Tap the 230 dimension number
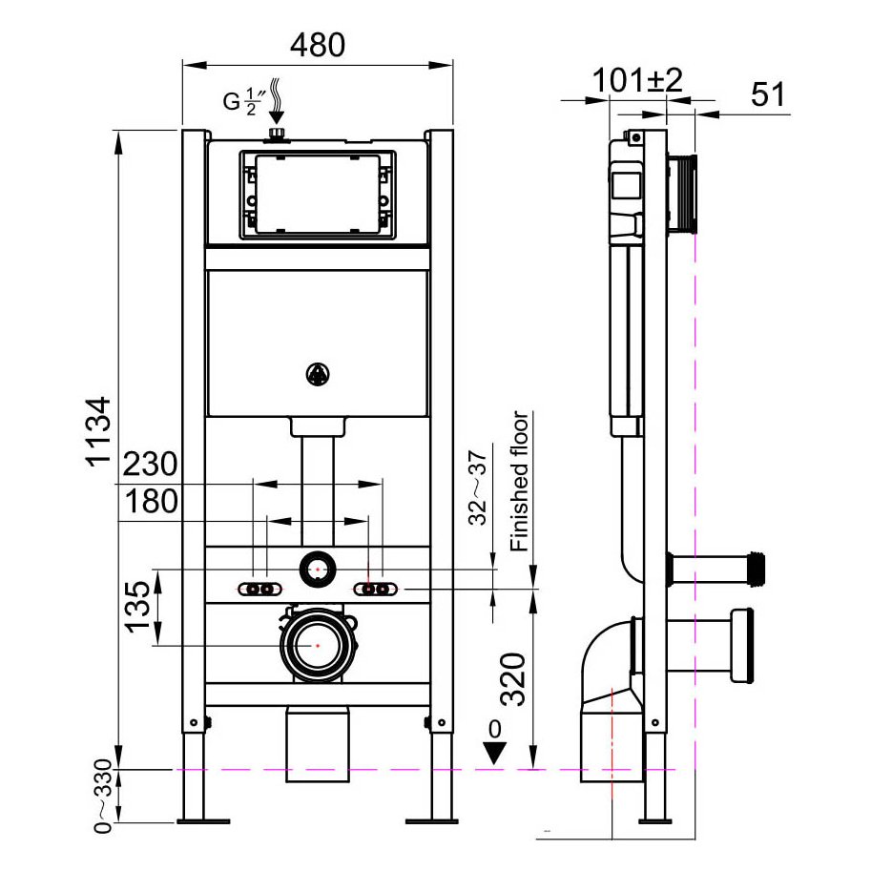(150, 465)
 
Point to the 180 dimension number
(150, 501)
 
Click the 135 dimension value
(137, 609)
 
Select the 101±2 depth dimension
(638, 81)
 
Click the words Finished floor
(520, 482)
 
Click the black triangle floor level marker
(493, 751)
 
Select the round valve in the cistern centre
(317, 376)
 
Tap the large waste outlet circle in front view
(317, 646)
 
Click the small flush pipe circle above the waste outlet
(317, 570)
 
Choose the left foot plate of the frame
(203, 819)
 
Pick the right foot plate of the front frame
(432, 819)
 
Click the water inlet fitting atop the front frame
(278, 134)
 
